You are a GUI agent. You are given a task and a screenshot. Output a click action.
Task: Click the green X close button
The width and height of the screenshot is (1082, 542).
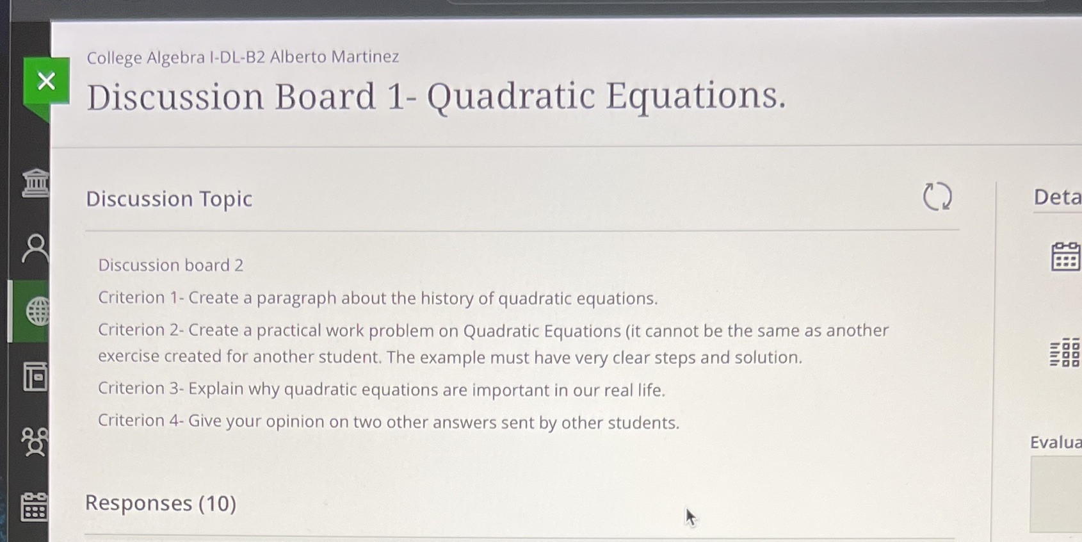(x=46, y=81)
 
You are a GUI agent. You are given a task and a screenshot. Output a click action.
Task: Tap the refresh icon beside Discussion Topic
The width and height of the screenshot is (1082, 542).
(x=937, y=196)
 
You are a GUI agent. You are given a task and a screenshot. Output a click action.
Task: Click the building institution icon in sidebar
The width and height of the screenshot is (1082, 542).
(x=35, y=183)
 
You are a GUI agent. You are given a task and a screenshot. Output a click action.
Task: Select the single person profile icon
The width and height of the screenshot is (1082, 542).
(x=35, y=249)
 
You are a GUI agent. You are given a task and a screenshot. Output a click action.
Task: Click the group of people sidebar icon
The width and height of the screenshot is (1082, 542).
(x=35, y=441)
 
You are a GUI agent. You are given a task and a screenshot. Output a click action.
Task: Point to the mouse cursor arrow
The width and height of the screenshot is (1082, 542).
(x=691, y=518)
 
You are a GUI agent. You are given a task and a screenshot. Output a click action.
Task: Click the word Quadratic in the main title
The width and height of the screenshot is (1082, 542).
(x=511, y=97)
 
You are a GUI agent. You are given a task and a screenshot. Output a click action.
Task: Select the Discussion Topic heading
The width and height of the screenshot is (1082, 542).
(x=169, y=199)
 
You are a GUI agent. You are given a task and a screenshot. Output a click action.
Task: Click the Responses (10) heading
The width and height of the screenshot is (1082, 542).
(x=161, y=504)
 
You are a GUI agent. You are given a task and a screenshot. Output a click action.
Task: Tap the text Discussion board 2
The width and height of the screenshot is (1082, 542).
(x=171, y=265)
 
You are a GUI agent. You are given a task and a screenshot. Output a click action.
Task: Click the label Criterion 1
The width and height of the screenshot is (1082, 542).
(x=139, y=297)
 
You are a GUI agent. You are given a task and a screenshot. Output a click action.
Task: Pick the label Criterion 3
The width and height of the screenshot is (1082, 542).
(x=139, y=388)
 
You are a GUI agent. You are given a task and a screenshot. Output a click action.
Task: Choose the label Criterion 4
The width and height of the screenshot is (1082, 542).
(x=139, y=420)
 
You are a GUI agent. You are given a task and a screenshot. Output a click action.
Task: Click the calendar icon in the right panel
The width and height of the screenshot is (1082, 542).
(x=1065, y=256)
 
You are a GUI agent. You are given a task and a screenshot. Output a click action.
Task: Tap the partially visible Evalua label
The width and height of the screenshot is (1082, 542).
(x=1056, y=443)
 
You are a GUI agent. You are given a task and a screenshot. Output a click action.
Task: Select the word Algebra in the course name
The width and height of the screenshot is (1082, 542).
(x=176, y=58)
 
